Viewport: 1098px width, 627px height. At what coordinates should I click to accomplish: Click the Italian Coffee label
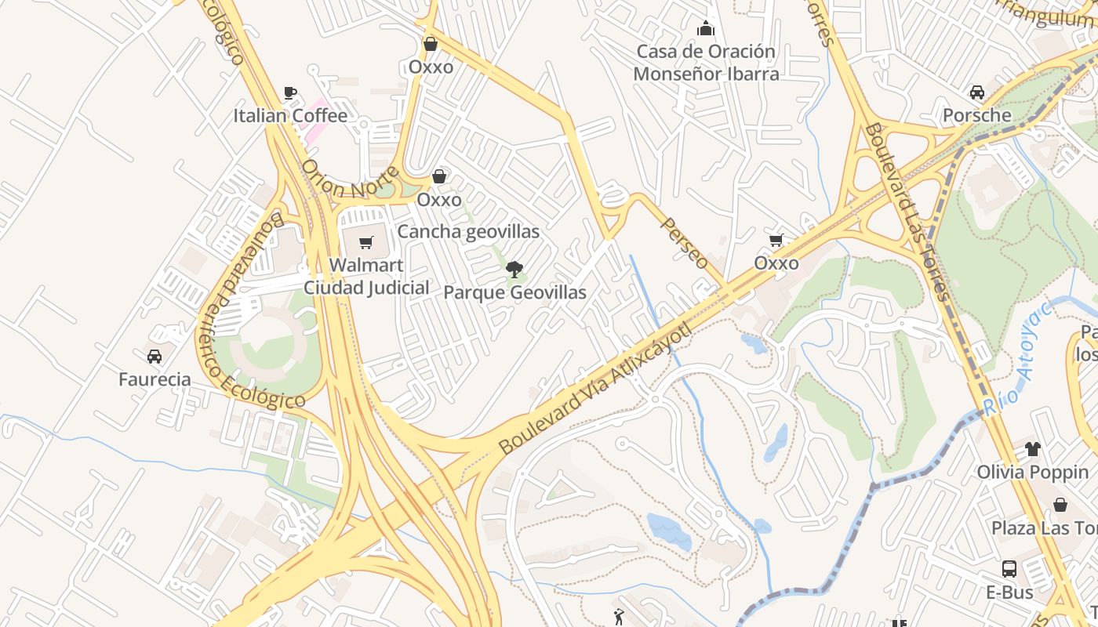290,116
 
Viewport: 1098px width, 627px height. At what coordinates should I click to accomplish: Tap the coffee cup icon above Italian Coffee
290,93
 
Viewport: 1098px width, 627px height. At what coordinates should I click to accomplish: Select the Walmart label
366,265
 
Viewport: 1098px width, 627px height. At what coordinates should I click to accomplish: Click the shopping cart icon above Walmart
366,243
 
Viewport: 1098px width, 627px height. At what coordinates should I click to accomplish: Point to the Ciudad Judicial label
366,288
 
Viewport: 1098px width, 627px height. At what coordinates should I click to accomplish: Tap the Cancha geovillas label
468,231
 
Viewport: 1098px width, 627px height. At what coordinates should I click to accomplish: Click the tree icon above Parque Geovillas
514,270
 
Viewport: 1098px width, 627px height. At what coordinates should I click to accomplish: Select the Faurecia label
155,379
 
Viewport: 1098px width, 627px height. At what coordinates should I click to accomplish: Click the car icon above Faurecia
155,357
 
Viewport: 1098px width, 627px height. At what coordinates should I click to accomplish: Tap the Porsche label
976,115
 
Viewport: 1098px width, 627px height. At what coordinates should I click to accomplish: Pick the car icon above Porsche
977,92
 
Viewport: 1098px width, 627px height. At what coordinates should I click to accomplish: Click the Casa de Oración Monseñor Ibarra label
706,63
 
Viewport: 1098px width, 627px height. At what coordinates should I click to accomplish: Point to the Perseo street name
685,243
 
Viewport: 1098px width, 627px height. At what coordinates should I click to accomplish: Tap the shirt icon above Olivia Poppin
1033,449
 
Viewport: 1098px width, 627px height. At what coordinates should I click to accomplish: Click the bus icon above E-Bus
1009,569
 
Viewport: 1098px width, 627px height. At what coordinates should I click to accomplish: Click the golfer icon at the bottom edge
620,617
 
